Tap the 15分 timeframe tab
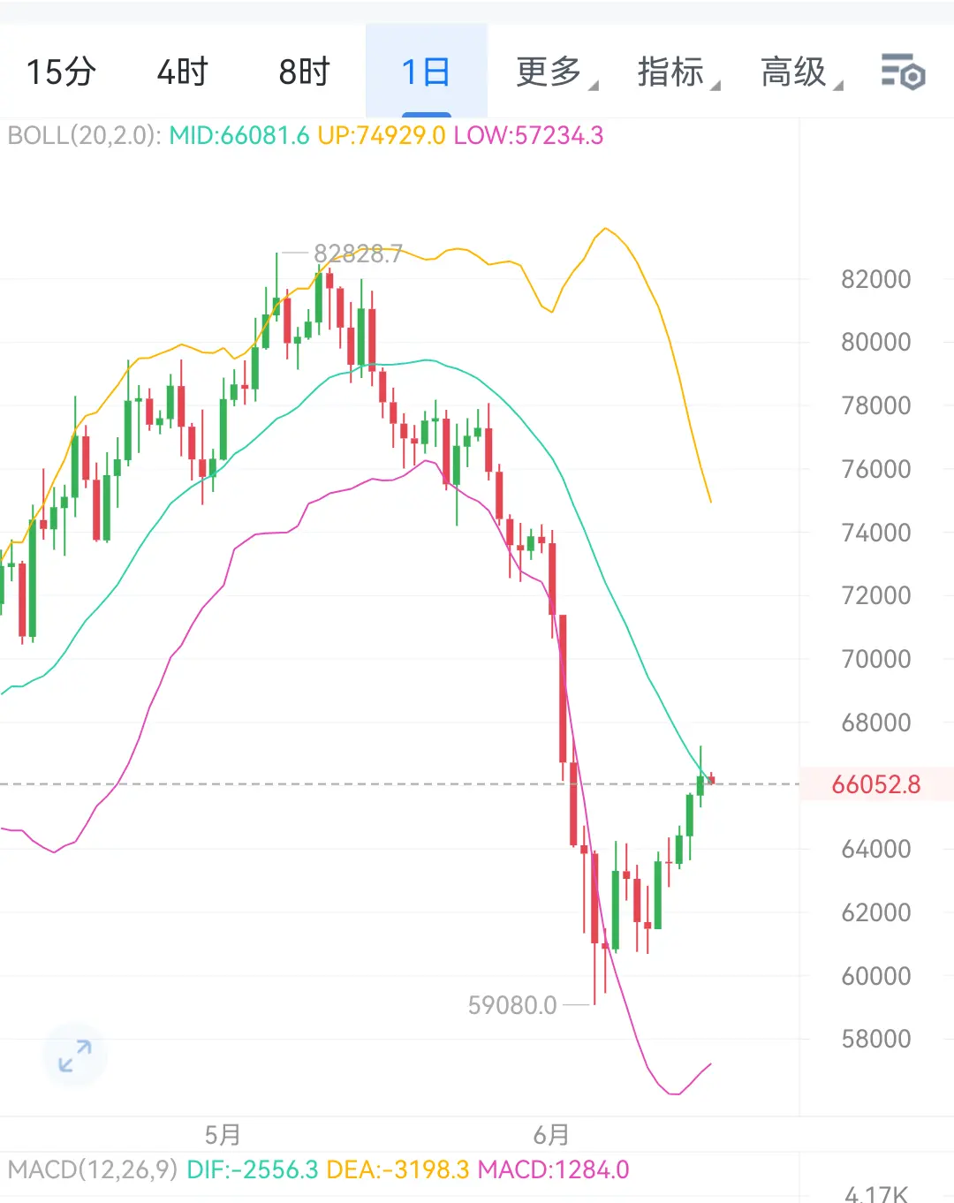click(61, 72)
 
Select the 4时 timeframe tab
click(182, 72)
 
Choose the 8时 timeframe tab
click(304, 72)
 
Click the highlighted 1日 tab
click(426, 72)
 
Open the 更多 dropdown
click(556, 72)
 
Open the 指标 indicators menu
click(678, 72)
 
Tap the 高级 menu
click(801, 72)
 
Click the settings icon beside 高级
click(903, 72)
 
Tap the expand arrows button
click(75, 1056)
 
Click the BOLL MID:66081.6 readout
click(239, 136)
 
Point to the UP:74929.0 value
click(382, 136)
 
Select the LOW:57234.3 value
click(528, 136)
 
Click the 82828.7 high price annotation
click(358, 253)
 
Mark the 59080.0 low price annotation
click(512, 1005)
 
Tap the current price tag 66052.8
click(876, 784)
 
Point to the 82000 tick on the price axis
click(876, 279)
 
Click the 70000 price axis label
click(876, 659)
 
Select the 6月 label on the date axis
click(551, 1135)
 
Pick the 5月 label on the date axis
click(223, 1135)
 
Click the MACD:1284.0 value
click(553, 1169)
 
